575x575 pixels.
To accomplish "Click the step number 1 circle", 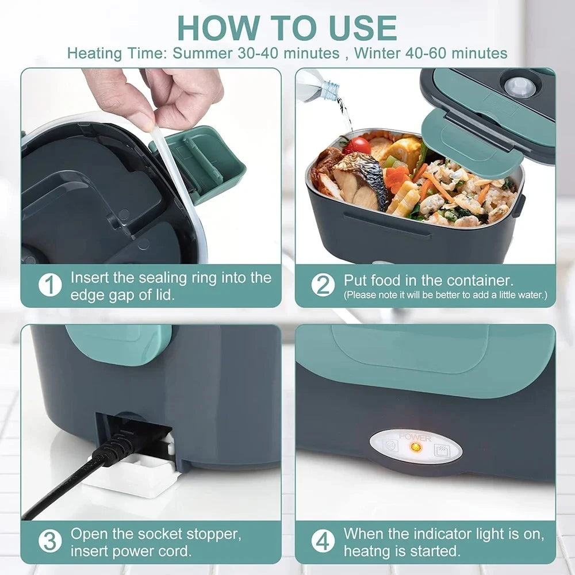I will (x=49, y=285).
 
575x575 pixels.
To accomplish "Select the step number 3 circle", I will (x=49, y=541).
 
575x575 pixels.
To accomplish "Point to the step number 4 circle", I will (x=323, y=541).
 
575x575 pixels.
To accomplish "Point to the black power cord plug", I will (x=124, y=446).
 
